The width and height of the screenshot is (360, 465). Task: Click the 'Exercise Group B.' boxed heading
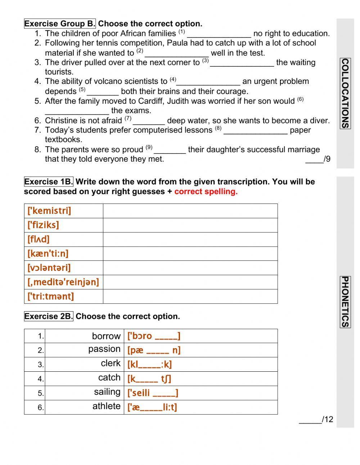(x=60, y=24)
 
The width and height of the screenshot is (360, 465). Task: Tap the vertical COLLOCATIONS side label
(x=345, y=93)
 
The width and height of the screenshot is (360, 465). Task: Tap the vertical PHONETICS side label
(x=345, y=302)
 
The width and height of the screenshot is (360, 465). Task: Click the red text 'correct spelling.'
(x=206, y=192)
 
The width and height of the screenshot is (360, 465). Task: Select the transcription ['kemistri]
(x=49, y=211)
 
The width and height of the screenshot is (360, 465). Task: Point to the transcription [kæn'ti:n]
(x=48, y=254)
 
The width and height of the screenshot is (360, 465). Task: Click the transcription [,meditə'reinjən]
(x=63, y=282)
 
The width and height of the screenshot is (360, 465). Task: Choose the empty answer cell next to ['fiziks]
(x=190, y=225)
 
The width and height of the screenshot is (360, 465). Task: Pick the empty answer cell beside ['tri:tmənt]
(x=190, y=296)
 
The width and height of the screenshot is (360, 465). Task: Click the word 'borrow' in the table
(x=106, y=336)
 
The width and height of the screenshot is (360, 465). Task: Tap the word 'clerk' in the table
(x=111, y=363)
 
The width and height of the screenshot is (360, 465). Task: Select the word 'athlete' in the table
(x=107, y=406)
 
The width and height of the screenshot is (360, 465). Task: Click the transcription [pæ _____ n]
(x=154, y=350)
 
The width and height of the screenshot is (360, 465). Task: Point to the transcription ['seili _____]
(x=153, y=393)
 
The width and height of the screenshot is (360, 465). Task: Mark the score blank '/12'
(x=316, y=420)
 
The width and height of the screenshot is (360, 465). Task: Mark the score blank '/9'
(x=318, y=159)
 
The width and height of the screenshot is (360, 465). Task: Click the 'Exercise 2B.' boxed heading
(x=49, y=317)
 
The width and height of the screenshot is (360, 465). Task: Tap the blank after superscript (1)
(x=219, y=34)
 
